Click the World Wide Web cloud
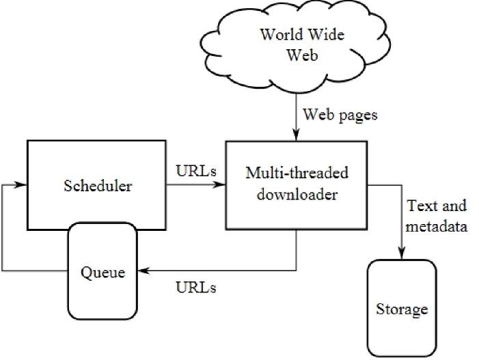(295, 46)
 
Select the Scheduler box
(96, 185)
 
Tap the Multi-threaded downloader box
(297, 185)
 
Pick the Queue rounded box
(102, 271)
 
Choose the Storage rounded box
(402, 308)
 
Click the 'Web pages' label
(340, 115)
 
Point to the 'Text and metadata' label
(436, 216)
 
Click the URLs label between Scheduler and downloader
(196, 171)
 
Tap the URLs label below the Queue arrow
(196, 288)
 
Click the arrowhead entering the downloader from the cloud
(296, 135)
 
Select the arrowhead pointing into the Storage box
(401, 253)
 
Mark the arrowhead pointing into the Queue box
(143, 271)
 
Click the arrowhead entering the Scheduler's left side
(20, 184)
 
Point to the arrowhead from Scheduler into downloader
(219, 184)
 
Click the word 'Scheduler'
(98, 186)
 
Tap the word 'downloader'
(297, 195)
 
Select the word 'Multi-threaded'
(297, 173)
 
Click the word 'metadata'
(436, 227)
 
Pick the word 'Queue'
(102, 273)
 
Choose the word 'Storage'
(402, 309)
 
